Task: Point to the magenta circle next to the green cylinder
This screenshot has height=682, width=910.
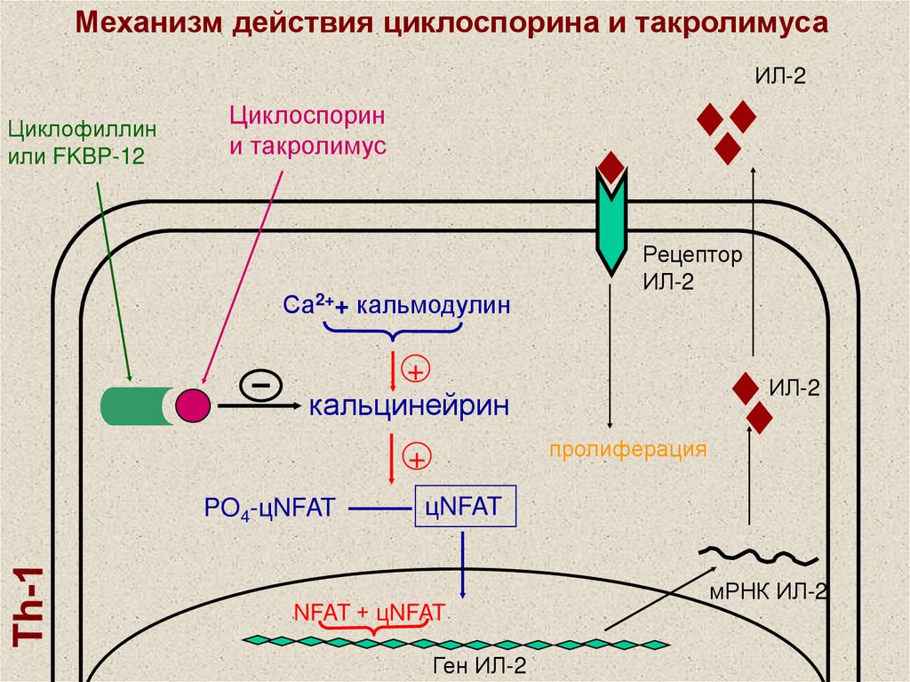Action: click(x=194, y=405)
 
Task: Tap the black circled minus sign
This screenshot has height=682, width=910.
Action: click(x=260, y=385)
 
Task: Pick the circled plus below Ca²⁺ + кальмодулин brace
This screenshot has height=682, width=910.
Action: click(x=416, y=369)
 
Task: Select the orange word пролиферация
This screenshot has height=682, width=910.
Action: click(x=627, y=448)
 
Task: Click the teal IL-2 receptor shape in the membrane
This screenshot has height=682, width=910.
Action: click(x=611, y=222)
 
